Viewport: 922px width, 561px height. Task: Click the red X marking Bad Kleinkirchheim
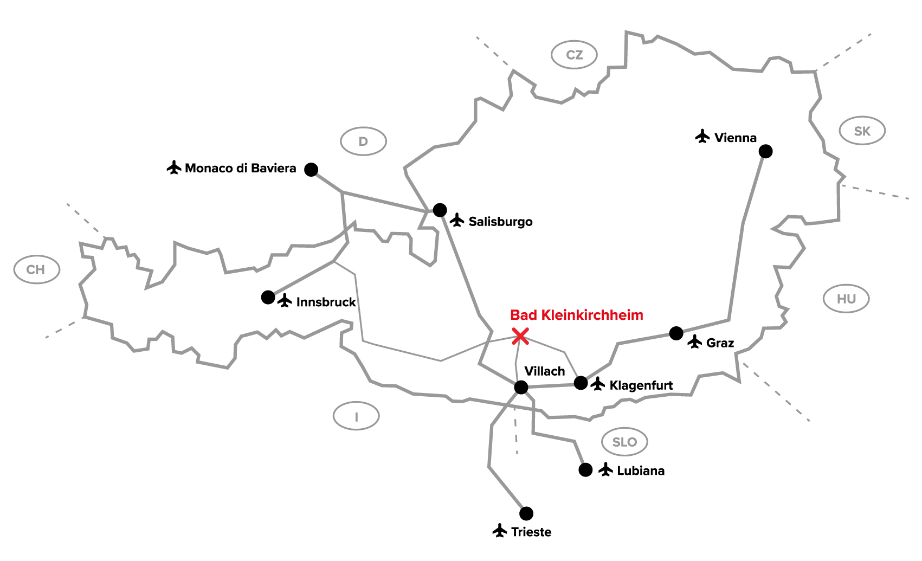coord(520,336)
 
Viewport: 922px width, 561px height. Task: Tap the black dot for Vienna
coord(765,151)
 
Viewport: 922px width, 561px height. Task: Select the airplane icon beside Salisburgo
coord(457,220)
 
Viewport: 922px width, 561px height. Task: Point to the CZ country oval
coord(574,55)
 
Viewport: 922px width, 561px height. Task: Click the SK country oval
coord(862,131)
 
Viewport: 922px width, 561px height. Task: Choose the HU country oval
coord(846,299)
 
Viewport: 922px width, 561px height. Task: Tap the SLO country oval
coord(624,442)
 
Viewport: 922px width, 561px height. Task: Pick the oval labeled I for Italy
coord(356,416)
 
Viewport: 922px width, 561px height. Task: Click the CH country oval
coord(36,269)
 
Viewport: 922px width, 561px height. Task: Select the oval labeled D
coord(363,141)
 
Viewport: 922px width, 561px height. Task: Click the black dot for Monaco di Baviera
coord(311,170)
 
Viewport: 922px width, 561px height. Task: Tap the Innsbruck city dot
coord(268,297)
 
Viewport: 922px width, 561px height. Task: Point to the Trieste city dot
coord(526,513)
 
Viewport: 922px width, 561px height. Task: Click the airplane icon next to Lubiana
coord(605,469)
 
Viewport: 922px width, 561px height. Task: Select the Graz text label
coord(720,343)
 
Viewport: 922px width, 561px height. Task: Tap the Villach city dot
coord(521,387)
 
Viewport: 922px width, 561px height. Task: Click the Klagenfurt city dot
coord(581,383)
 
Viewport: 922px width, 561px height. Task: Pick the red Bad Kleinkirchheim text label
coord(577,315)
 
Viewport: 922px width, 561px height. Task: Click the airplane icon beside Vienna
coord(702,136)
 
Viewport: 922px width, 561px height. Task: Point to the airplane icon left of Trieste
coord(500,531)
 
